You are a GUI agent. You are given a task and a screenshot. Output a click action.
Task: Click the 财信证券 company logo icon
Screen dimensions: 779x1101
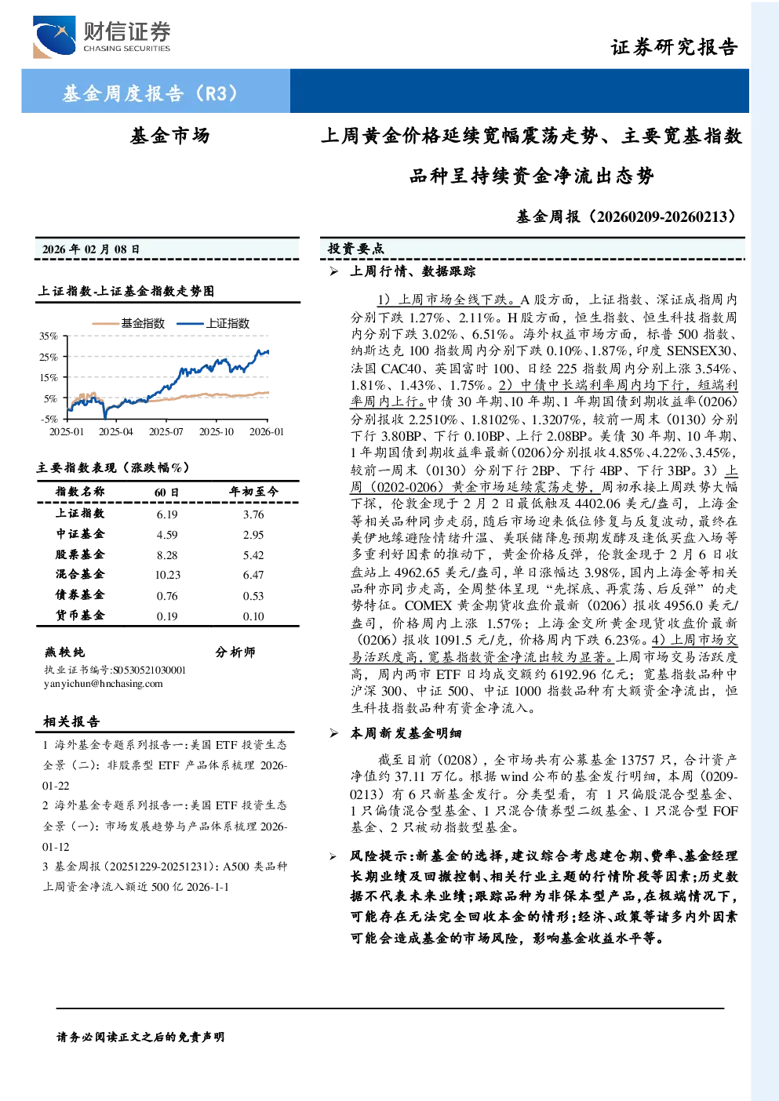point(54,37)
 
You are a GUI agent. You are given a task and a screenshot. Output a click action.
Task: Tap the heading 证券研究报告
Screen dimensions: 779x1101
point(674,47)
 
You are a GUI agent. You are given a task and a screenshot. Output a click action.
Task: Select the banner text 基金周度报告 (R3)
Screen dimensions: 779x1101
point(150,93)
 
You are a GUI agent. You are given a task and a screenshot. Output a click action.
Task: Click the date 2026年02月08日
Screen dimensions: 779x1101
point(91,249)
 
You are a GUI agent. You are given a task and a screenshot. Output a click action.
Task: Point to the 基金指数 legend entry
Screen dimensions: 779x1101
point(129,323)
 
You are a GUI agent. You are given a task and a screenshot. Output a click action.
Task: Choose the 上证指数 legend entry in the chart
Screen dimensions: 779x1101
point(213,323)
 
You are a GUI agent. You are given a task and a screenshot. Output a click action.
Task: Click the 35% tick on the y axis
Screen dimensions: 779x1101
point(49,336)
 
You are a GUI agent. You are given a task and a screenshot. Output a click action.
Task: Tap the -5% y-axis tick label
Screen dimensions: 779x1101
point(49,420)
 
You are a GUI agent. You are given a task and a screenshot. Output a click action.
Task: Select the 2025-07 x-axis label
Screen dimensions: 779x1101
point(166,431)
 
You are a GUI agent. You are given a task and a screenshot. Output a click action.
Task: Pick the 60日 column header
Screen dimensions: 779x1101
point(167,492)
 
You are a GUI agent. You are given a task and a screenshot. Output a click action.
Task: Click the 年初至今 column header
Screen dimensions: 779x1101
point(253,492)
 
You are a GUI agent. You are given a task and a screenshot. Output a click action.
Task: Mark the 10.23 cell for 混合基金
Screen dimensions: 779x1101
point(167,575)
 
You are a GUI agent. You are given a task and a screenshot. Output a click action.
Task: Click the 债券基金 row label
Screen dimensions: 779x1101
point(80,595)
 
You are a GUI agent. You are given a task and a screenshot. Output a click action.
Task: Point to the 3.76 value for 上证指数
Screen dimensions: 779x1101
point(253,514)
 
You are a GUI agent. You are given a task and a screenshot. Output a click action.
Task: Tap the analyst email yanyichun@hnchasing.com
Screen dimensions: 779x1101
point(104,684)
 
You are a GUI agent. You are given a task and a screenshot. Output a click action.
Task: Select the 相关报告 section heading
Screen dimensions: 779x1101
point(72,721)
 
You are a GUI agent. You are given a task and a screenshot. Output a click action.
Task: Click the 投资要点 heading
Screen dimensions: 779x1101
point(356,249)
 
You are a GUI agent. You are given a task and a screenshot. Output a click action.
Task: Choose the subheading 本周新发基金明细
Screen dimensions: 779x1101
point(406,733)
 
